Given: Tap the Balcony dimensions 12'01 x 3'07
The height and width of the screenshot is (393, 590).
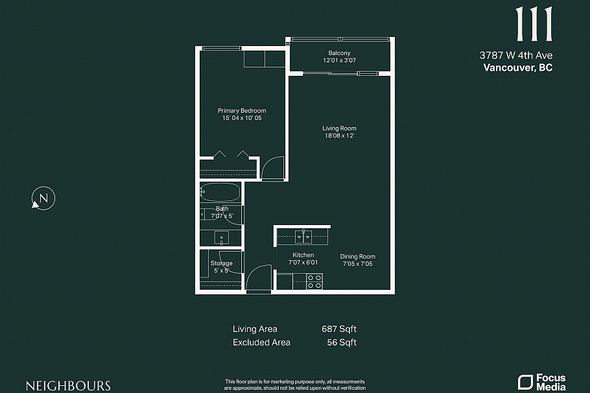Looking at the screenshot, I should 339,60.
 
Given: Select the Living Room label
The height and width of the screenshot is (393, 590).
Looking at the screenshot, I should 339,128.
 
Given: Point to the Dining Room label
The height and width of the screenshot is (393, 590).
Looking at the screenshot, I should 358,256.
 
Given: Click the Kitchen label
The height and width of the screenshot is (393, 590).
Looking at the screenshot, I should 303,255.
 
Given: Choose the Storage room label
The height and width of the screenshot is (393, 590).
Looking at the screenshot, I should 221,263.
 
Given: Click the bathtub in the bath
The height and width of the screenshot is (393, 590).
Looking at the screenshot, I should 220,192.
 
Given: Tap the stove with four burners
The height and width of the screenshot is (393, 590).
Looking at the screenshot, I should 314,281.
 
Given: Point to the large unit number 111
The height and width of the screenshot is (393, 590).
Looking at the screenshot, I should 534,25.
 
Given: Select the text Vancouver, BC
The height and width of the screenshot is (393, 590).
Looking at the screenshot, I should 518,67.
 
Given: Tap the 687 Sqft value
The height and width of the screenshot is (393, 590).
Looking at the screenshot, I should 339,329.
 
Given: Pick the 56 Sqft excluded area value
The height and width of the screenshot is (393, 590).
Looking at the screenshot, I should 342,342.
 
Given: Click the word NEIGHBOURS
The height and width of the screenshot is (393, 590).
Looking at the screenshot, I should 68,385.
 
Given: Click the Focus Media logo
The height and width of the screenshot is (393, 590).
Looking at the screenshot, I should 541,382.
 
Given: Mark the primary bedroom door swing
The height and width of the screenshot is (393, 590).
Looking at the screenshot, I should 274,169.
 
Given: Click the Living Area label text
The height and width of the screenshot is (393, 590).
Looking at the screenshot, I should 255,329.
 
